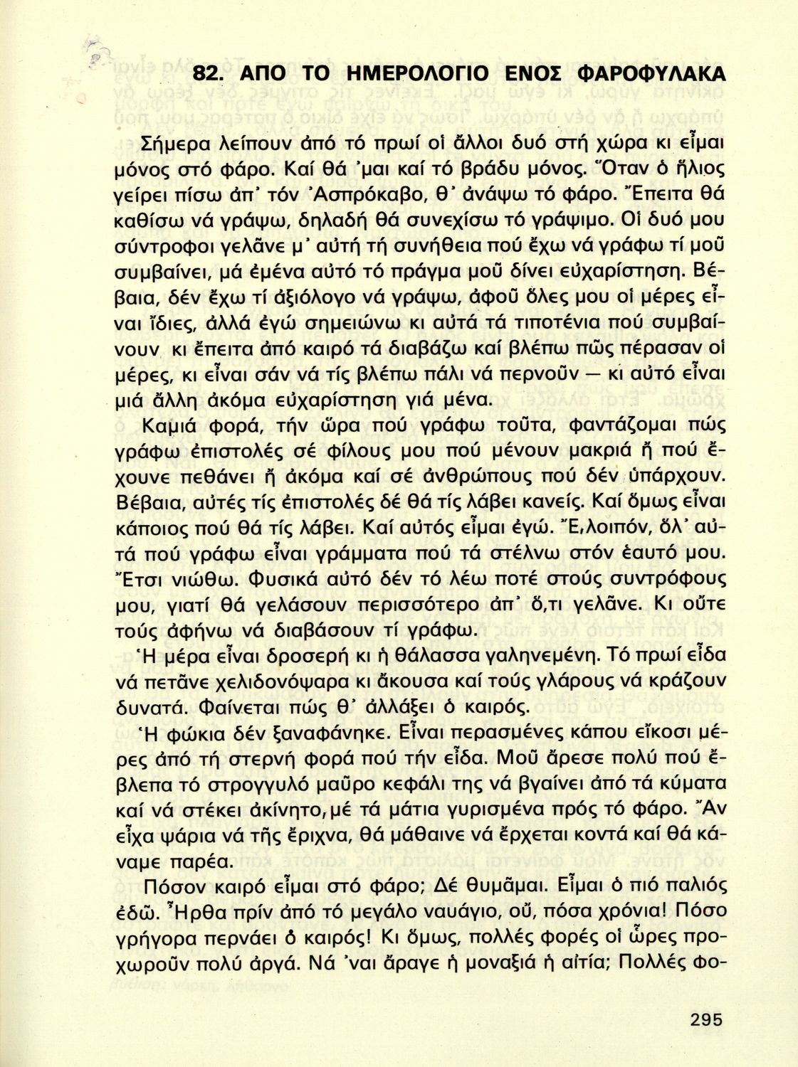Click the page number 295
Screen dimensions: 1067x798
(x=705, y=1019)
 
